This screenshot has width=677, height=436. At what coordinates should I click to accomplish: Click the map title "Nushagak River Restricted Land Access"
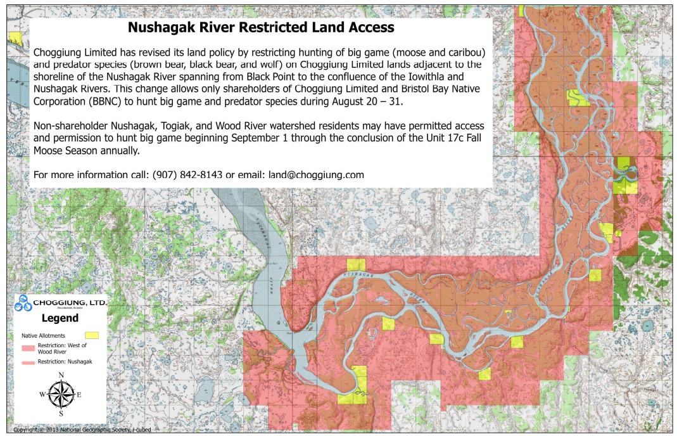(261, 28)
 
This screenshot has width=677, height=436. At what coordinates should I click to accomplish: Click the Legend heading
(60, 318)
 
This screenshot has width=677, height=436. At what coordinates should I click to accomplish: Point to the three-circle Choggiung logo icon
(24, 304)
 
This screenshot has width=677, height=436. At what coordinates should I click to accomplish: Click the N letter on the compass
(61, 375)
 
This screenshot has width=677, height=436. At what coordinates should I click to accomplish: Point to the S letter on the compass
(61, 414)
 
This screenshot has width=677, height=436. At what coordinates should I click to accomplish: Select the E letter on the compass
(79, 395)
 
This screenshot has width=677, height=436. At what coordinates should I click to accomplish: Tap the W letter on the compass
(42, 395)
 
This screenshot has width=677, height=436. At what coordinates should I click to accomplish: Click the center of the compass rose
(61, 395)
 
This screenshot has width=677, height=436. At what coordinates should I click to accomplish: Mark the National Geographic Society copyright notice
(82, 430)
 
